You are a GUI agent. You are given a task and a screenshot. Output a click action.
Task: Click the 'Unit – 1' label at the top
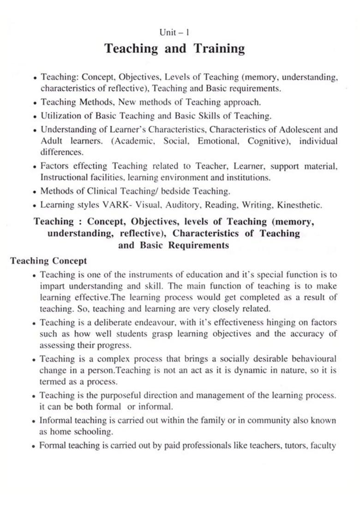point(174,33)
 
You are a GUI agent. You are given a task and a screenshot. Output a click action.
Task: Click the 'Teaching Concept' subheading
point(48,261)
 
